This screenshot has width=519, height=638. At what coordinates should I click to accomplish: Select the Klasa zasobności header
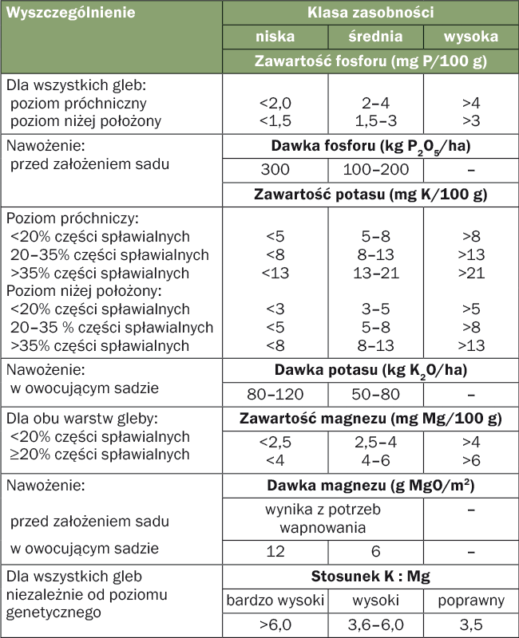[370, 14]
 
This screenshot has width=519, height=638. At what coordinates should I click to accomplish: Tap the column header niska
[275, 37]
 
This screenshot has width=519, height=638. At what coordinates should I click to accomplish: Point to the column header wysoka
[470, 37]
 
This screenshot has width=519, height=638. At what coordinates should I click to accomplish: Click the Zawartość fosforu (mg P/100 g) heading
[370, 61]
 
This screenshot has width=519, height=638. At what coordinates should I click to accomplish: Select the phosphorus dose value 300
[275, 169]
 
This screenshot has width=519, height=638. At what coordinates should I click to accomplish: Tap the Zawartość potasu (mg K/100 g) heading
[370, 194]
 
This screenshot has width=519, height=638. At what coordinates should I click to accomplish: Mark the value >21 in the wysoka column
[470, 273]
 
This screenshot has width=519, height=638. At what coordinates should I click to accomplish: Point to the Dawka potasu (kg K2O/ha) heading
[370, 370]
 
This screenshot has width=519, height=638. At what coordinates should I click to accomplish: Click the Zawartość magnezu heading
[370, 418]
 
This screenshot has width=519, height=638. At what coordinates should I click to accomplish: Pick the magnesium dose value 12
[275, 551]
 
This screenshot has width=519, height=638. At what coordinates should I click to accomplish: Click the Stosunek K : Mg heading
[370, 576]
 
